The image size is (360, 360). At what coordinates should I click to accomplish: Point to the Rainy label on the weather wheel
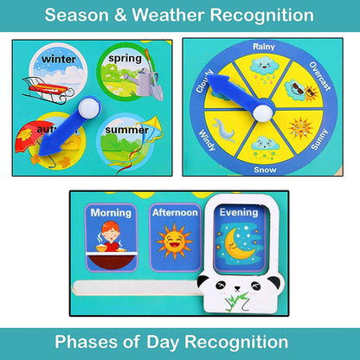click(264, 46)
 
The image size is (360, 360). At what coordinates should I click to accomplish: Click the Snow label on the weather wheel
click(265, 170)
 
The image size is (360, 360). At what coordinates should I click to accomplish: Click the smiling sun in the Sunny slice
click(299, 127)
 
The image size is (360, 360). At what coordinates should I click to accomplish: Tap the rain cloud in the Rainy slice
click(264, 67)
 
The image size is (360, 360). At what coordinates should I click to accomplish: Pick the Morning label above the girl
click(111, 213)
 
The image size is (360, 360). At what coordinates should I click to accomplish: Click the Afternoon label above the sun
click(175, 213)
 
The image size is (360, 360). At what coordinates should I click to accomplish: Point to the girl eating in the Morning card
click(111, 241)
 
